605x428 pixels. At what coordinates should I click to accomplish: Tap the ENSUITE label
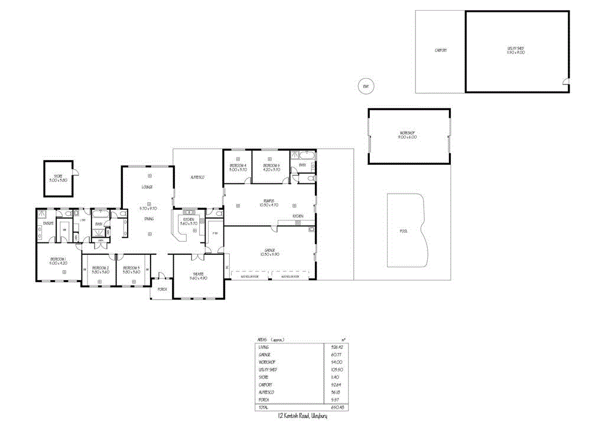click(48, 223)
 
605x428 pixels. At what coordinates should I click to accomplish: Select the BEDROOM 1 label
click(58, 259)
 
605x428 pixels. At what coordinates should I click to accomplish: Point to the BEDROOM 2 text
click(100, 268)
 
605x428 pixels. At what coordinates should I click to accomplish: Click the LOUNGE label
click(147, 187)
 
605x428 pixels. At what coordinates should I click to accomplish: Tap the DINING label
click(149, 219)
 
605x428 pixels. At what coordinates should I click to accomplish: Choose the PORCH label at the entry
click(162, 289)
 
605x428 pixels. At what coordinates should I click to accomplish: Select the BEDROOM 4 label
click(238, 166)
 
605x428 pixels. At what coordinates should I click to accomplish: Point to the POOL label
click(404, 231)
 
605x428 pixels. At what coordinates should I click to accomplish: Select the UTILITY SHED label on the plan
click(516, 50)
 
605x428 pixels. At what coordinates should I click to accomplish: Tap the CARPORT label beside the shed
click(440, 51)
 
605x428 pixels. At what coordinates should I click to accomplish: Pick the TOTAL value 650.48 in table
click(338, 407)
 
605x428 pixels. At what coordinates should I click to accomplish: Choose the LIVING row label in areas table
click(264, 347)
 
